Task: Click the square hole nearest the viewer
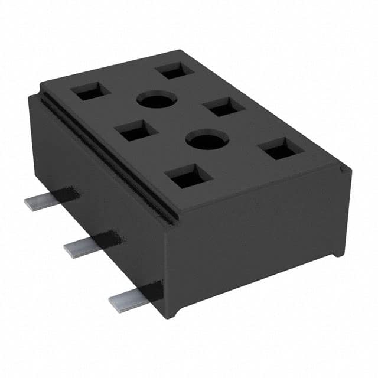coord(188,176)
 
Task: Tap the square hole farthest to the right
coord(281,149)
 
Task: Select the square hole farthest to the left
coord(90,91)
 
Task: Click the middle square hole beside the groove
coord(136,131)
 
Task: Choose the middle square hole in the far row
coord(224,106)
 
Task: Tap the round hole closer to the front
coord(207,141)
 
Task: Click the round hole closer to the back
coord(157,99)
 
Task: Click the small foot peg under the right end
coord(337,251)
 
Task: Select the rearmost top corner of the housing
coord(178,51)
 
